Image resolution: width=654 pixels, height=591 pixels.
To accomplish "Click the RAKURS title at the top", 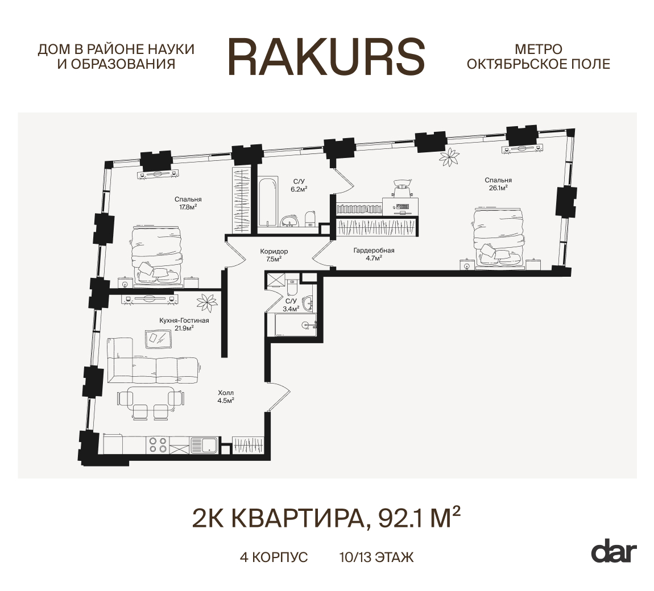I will tap(326, 57).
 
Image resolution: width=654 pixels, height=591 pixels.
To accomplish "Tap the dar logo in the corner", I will tap(614, 552).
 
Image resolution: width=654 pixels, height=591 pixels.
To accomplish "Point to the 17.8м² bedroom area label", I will tap(188, 203).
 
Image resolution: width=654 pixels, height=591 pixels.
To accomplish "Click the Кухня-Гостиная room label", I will tap(184, 324).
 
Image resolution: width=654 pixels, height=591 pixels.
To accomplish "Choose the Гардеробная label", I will tap(374, 253).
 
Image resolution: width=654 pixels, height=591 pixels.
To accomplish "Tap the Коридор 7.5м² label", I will tap(274, 255).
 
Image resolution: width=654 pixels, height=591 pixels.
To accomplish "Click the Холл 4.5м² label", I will tap(226, 396).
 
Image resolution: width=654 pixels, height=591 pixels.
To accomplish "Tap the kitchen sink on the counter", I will tap(203, 444).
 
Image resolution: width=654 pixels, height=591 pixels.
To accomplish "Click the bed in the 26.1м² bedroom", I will tap(499, 237).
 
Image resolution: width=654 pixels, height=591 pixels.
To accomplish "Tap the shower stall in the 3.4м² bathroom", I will tap(275, 280).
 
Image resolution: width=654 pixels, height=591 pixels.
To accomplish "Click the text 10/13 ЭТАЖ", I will tap(375, 557).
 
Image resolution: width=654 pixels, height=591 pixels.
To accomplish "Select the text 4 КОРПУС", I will tap(274, 557).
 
